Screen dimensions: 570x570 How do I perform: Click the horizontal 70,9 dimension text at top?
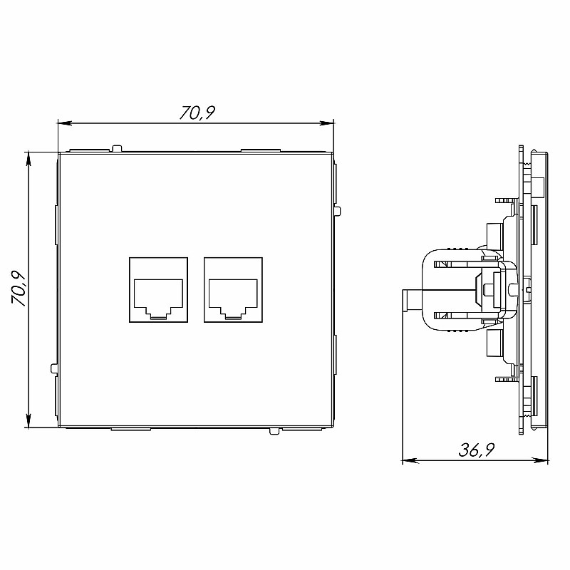(197, 113)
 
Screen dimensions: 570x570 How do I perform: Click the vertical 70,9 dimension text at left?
(19, 289)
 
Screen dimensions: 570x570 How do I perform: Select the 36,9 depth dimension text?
(476, 450)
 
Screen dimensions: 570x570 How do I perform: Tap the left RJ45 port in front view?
(158, 290)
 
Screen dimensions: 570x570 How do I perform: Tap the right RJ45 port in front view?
(233, 290)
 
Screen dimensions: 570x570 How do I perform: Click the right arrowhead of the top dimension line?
(326, 123)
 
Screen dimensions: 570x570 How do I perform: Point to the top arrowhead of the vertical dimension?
(28, 159)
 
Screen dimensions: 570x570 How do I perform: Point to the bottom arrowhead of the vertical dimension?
(28, 421)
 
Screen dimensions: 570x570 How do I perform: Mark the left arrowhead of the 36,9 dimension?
(410, 460)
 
